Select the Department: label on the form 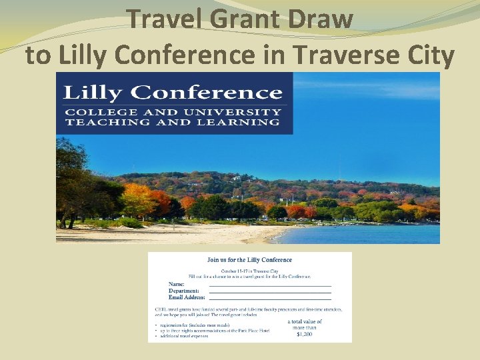coord(184,291)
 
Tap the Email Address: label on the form coord(187,297)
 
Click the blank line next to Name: coord(270,286)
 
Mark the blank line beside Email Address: coord(270,299)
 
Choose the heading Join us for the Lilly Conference coord(249,260)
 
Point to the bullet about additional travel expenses coord(183,336)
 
